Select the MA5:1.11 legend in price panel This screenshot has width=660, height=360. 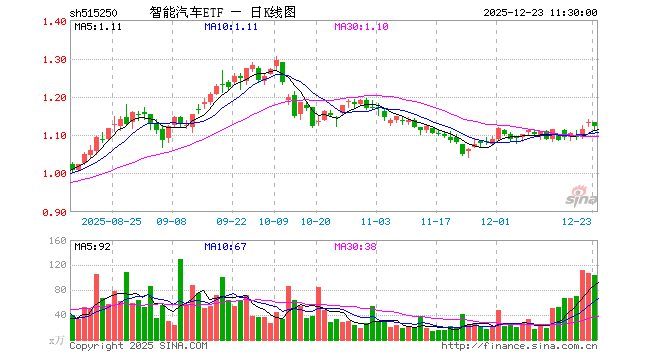(x=98, y=27)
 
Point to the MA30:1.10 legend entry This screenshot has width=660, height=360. (x=361, y=27)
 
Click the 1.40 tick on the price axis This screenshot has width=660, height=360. (x=56, y=22)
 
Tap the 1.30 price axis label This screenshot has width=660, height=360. (x=56, y=60)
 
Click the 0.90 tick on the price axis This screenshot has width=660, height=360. (x=56, y=212)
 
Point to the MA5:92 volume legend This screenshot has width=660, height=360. (x=93, y=245)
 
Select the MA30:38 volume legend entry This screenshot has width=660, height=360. (x=356, y=245)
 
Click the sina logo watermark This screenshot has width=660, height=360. (x=577, y=192)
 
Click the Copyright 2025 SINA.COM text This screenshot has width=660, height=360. (x=139, y=346)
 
